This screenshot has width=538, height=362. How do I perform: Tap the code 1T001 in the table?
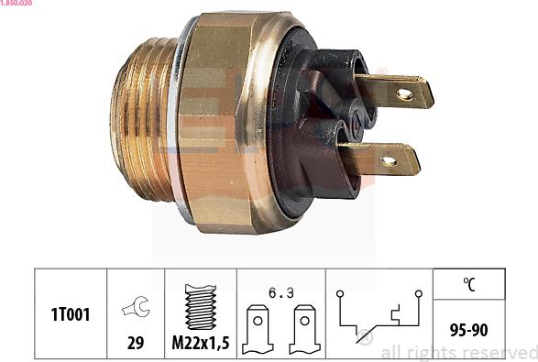[71, 313]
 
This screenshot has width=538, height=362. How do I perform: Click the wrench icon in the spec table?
[134, 309]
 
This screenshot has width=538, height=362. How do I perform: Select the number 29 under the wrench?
[135, 345]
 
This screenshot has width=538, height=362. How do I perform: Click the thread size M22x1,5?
[199, 345]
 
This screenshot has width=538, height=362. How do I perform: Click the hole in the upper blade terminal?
[404, 93]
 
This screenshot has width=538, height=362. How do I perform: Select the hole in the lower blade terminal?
[388, 161]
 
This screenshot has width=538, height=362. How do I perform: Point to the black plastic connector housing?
[312, 119]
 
